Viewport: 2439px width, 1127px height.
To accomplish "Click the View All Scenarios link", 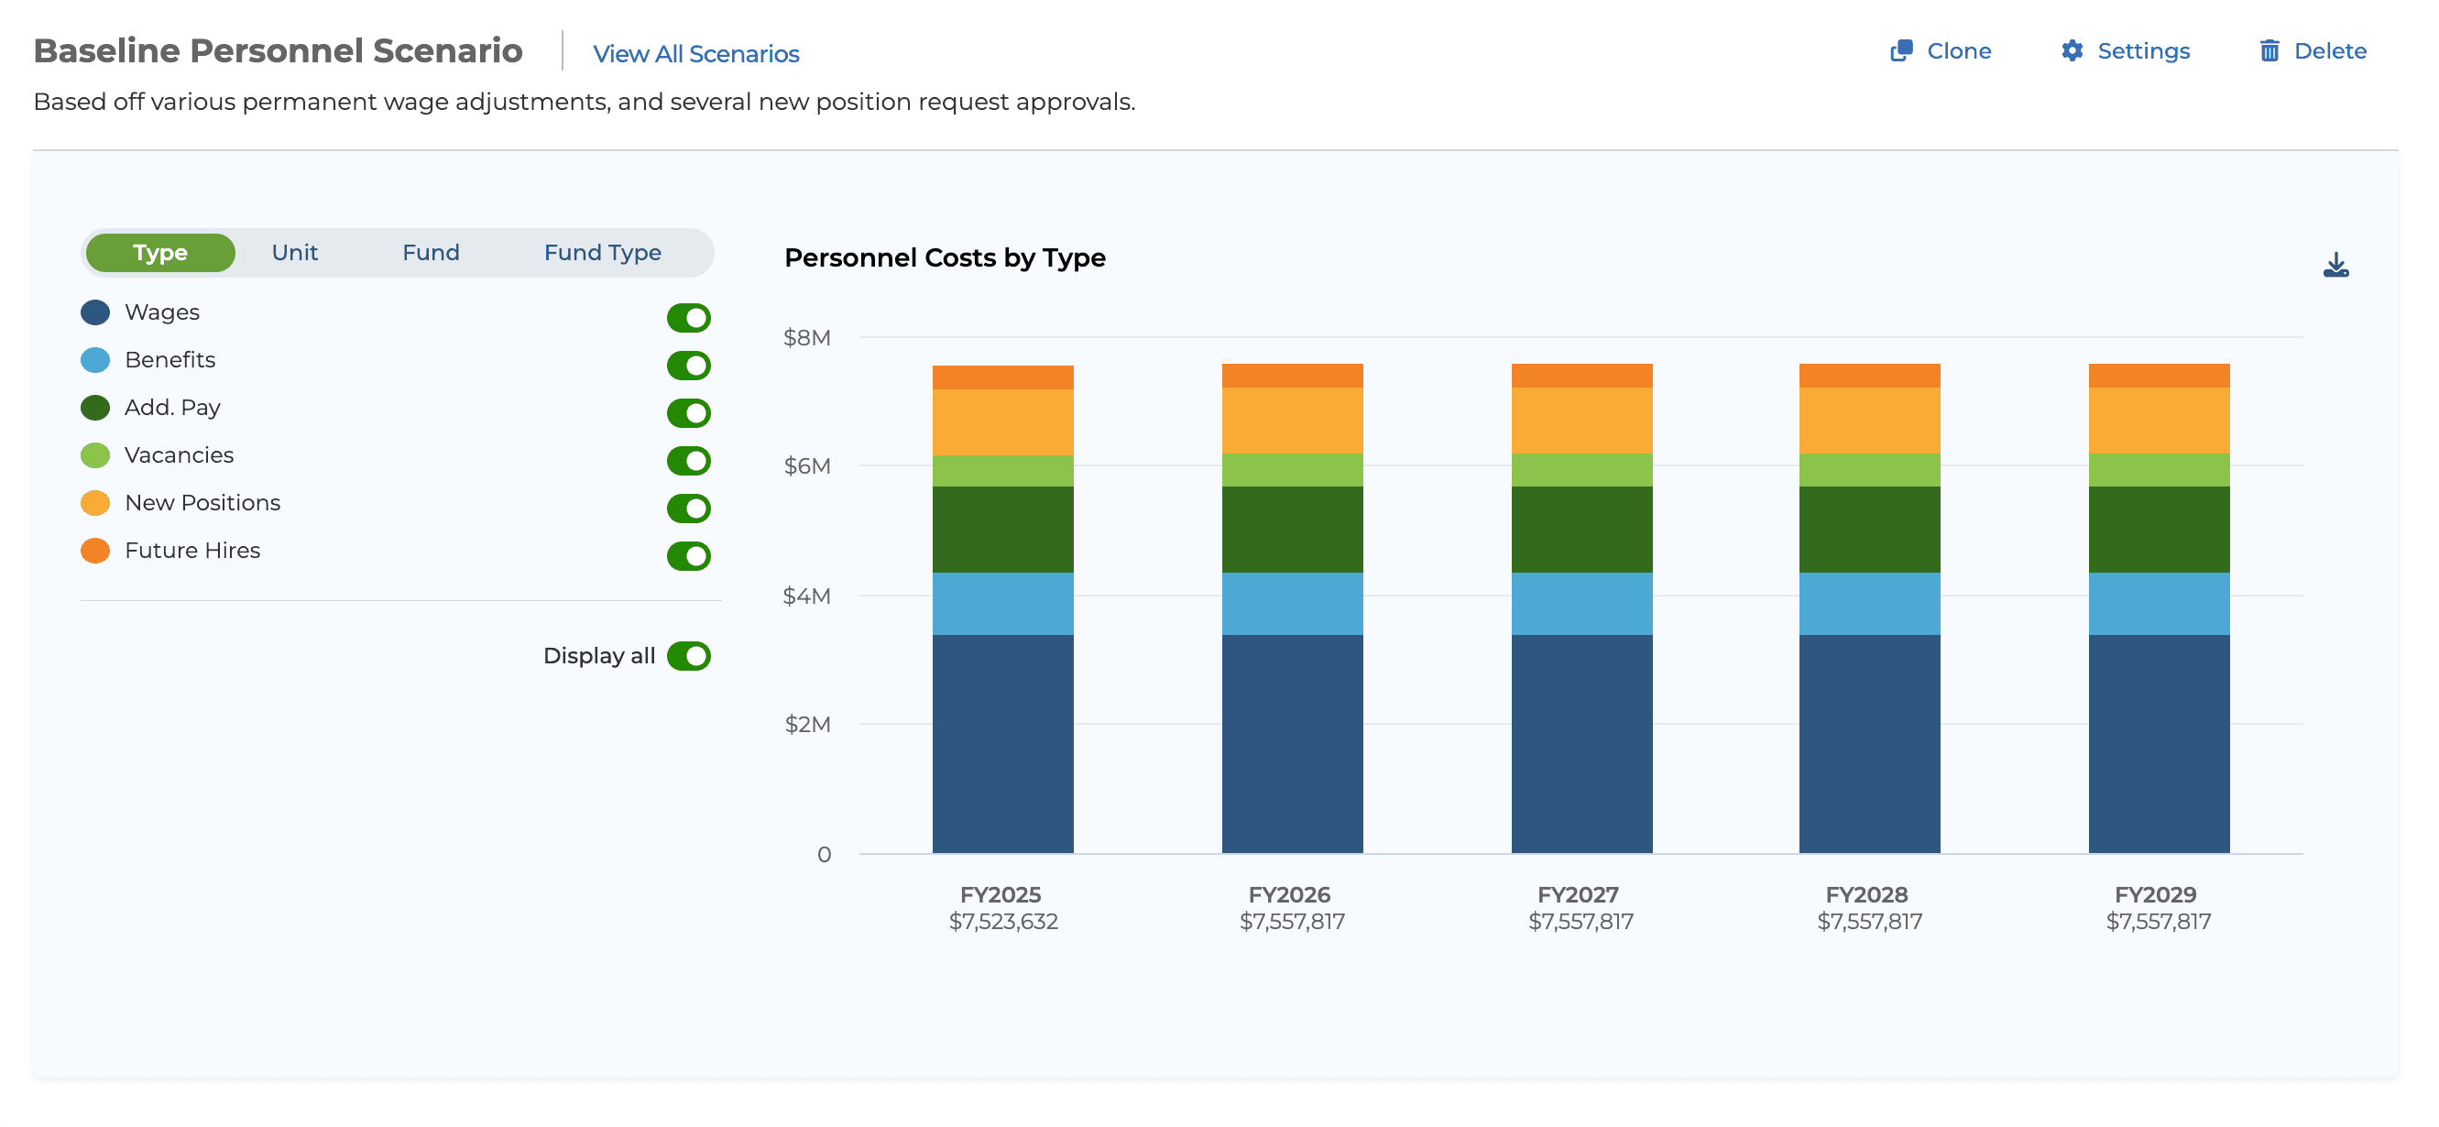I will pyautogui.click(x=696, y=54).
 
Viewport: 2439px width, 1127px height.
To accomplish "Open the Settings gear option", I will pyautogui.click(x=2126, y=51).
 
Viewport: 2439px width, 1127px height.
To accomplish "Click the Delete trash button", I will pyautogui.click(x=2313, y=51).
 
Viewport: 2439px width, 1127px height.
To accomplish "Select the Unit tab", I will pyautogui.click(x=294, y=253).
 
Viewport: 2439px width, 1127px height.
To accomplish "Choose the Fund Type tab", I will pyautogui.click(x=602, y=253).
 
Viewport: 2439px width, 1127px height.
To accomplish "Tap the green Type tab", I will pyautogui.click(x=160, y=253).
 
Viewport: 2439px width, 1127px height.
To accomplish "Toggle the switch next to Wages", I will pyautogui.click(x=688, y=318).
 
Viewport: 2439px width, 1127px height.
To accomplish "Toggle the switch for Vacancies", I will pyautogui.click(x=688, y=461).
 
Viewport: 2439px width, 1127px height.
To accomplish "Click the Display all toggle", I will pyautogui.click(x=688, y=656).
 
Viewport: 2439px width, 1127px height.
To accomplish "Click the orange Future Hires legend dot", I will pyautogui.click(x=94, y=552).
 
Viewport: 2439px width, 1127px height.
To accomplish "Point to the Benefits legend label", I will pyautogui.click(x=170, y=360).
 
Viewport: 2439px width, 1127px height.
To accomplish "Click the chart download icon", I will pyautogui.click(x=2335, y=265).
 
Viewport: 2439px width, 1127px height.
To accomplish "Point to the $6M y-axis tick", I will pyautogui.click(x=806, y=466).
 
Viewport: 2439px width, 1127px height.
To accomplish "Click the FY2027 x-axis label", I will pyautogui.click(x=1578, y=895).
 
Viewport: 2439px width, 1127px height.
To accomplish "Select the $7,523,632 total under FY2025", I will pyautogui.click(x=1002, y=922).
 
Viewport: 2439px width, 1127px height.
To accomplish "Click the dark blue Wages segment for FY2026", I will pyautogui.click(x=1292, y=743).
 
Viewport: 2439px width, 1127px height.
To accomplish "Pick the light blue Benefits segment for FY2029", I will pyautogui.click(x=2158, y=603).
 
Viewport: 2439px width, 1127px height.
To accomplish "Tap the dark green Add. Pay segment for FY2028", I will pyautogui.click(x=1868, y=530).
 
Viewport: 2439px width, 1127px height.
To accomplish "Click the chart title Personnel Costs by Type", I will pyautogui.click(x=944, y=257).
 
